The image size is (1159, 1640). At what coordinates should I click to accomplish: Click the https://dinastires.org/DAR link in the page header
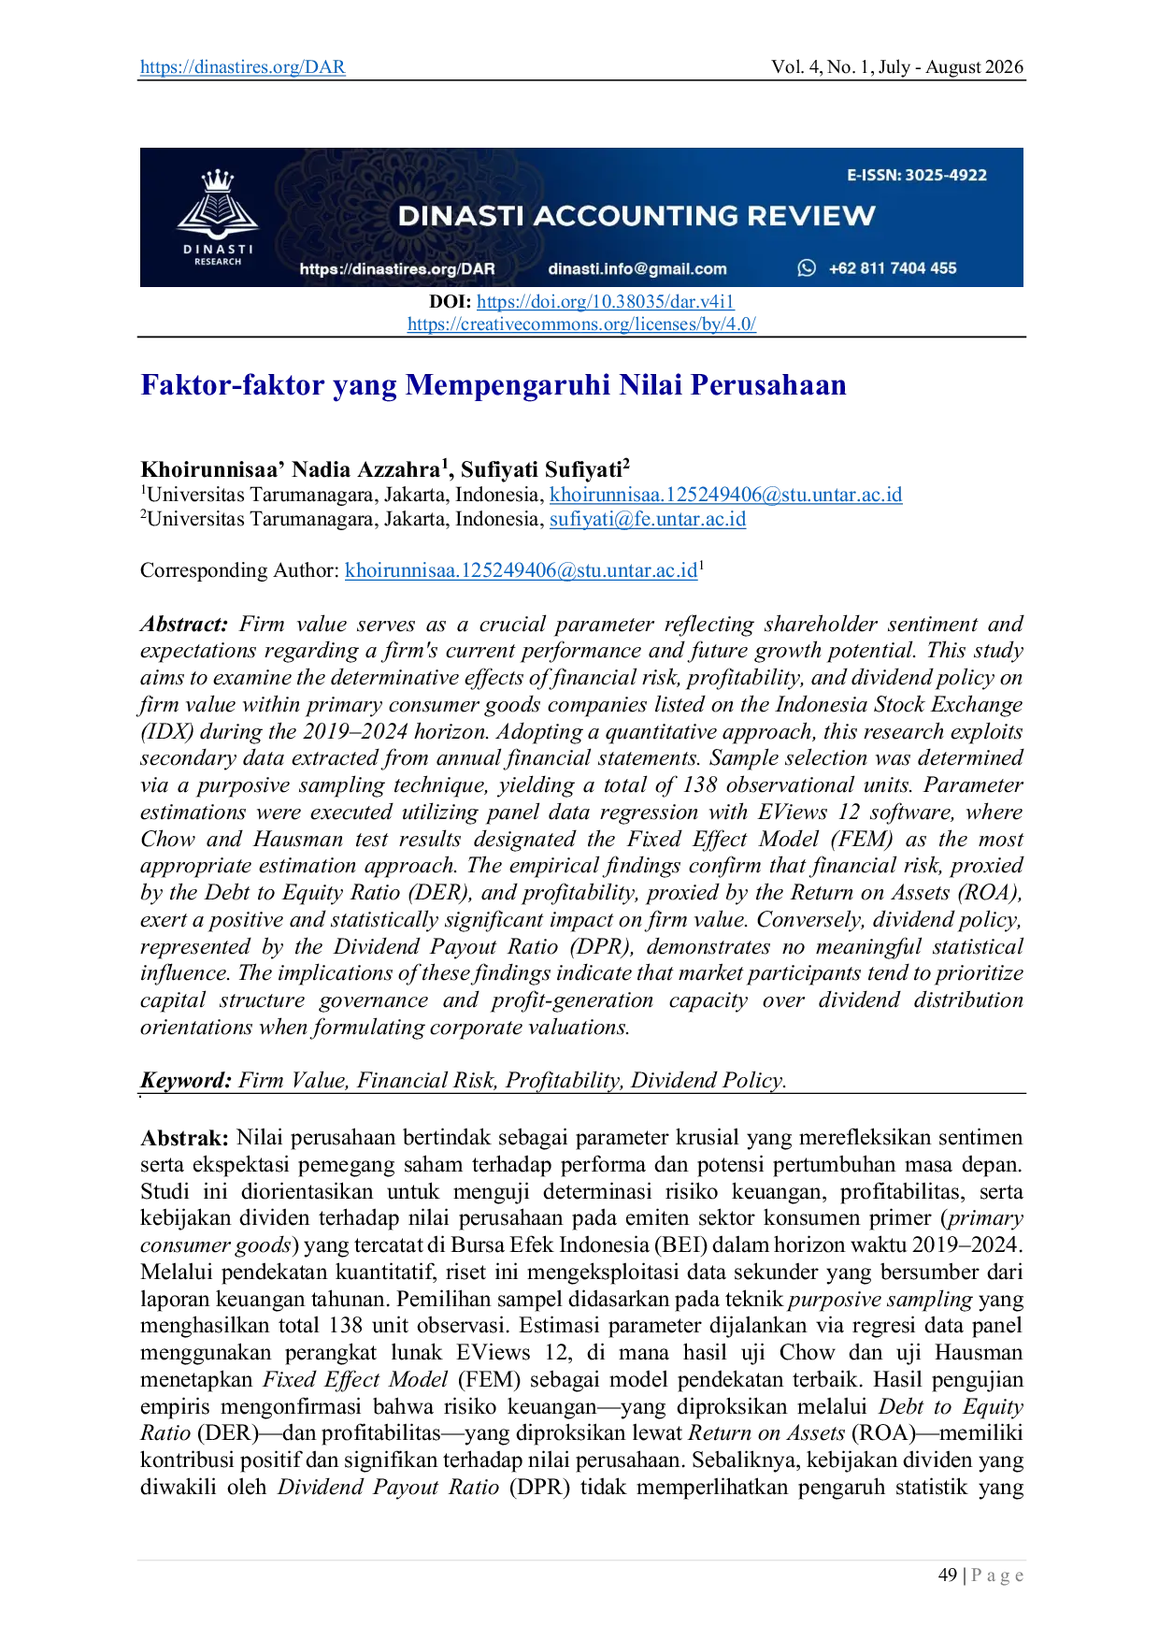click(243, 67)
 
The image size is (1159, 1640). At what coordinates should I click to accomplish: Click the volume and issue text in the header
click(897, 67)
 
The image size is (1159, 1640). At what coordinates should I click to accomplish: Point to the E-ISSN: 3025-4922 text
click(917, 175)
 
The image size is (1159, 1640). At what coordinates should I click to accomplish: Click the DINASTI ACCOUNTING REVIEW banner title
click(637, 216)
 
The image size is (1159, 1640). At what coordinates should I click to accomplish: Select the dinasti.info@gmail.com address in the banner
click(637, 269)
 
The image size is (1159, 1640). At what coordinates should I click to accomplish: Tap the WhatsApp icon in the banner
click(807, 268)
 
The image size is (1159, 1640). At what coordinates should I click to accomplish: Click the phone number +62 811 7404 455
click(893, 268)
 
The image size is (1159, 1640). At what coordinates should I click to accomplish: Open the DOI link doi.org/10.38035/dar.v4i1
click(606, 301)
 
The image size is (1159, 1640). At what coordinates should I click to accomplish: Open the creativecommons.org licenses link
click(581, 324)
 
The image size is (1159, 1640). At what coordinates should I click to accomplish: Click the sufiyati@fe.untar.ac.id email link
click(648, 519)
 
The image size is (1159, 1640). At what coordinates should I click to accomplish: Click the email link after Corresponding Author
click(522, 570)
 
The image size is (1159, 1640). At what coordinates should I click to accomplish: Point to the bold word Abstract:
click(184, 624)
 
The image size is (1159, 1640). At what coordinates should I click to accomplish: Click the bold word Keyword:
click(186, 1081)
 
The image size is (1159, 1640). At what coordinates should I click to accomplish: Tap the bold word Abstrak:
click(184, 1138)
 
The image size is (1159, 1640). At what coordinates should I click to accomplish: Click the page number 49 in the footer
click(948, 1575)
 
